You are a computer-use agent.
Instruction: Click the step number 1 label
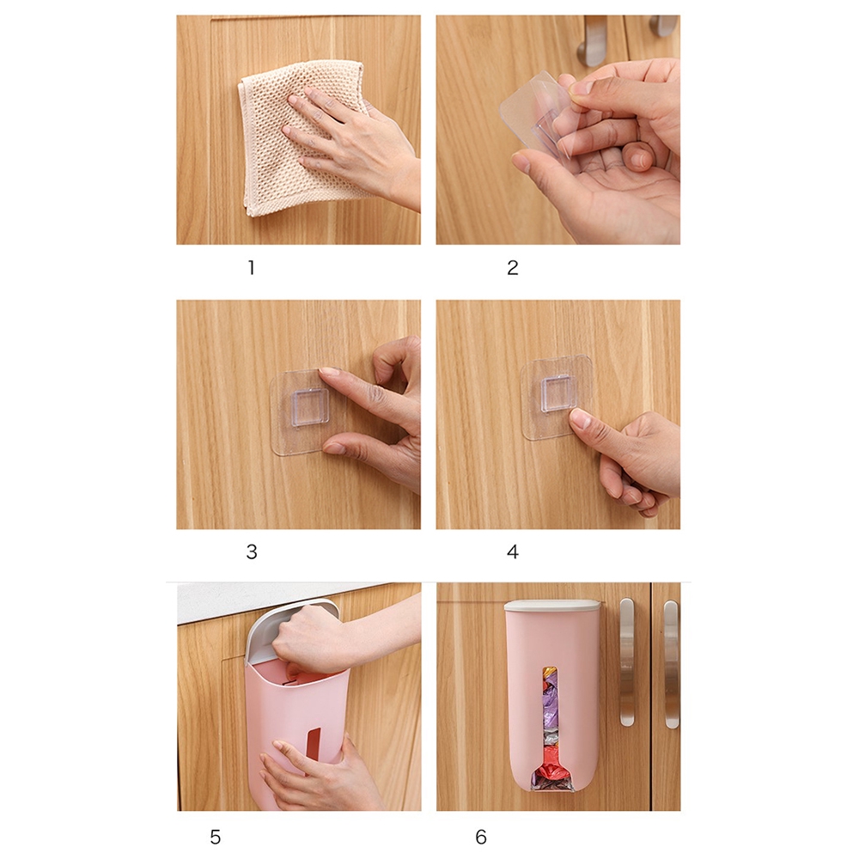[x=251, y=268]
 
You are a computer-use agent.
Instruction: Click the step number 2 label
[x=513, y=268]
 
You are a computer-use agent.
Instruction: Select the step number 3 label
[x=252, y=552]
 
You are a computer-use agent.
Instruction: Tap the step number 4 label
[x=513, y=552]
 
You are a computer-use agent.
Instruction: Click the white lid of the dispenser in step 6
[x=551, y=606]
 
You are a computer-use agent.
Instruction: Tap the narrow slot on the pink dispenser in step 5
[x=313, y=744]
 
